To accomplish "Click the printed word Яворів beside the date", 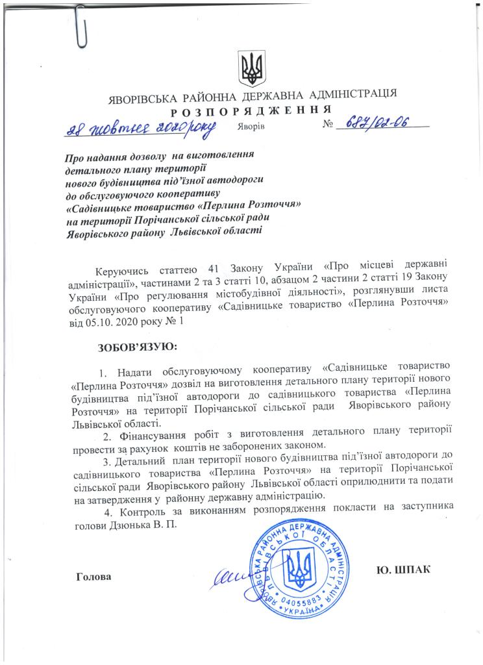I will [x=251, y=126].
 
